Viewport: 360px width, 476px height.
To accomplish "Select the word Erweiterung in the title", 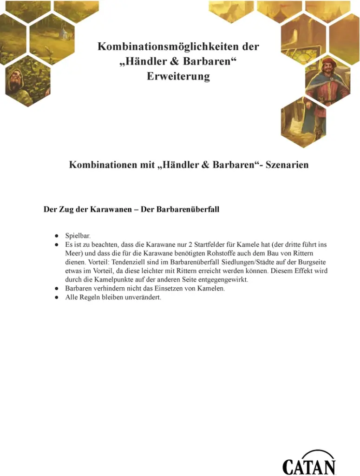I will (x=178, y=76).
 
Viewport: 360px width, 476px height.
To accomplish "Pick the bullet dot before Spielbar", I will (x=56, y=236).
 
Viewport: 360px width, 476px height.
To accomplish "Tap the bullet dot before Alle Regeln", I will (x=56, y=297).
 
